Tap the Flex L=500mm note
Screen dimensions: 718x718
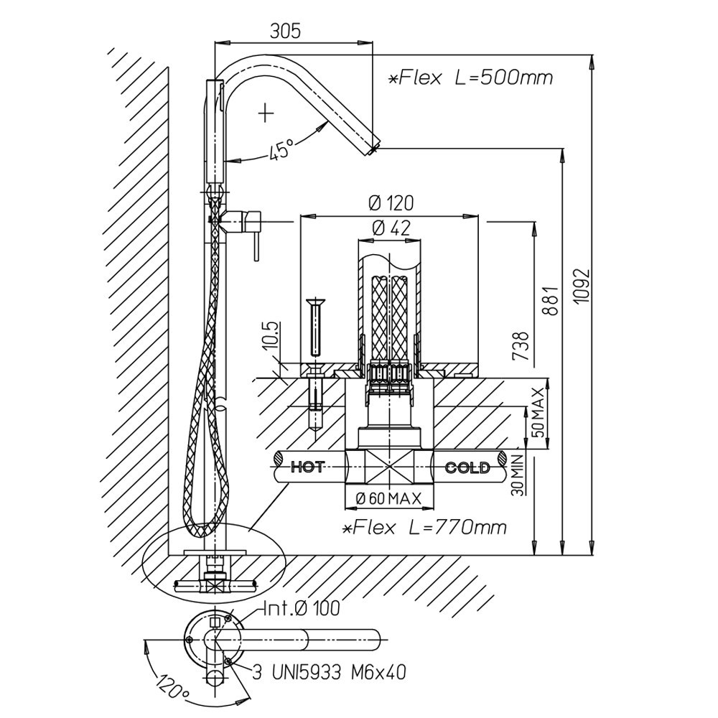coord(471,78)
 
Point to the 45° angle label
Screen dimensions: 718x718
coord(281,149)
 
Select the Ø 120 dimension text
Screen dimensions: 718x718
coord(389,205)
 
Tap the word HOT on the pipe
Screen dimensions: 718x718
coord(307,467)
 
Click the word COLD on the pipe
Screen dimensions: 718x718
coord(467,468)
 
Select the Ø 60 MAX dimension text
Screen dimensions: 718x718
coord(388,498)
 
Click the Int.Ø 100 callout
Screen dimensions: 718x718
coord(301,609)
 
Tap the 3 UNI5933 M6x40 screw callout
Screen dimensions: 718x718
coord(330,673)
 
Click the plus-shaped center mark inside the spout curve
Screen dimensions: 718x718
coord(266,113)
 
